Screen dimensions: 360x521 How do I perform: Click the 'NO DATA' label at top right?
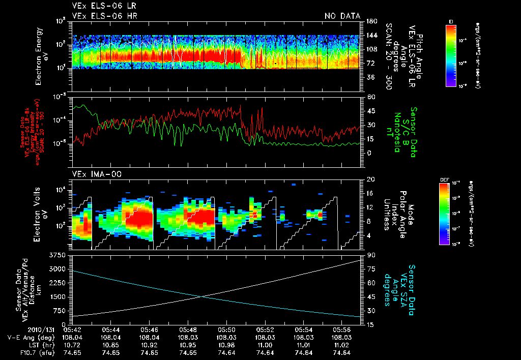[x=342, y=16]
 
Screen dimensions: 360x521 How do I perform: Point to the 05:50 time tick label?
[x=227, y=329]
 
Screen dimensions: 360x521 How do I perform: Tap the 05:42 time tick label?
[x=72, y=329]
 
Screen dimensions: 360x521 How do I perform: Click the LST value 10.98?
[x=227, y=345]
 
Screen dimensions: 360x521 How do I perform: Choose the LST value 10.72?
[x=72, y=345]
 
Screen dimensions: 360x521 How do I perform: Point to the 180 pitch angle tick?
[x=370, y=21]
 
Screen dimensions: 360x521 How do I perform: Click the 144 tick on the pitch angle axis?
[x=370, y=35]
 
